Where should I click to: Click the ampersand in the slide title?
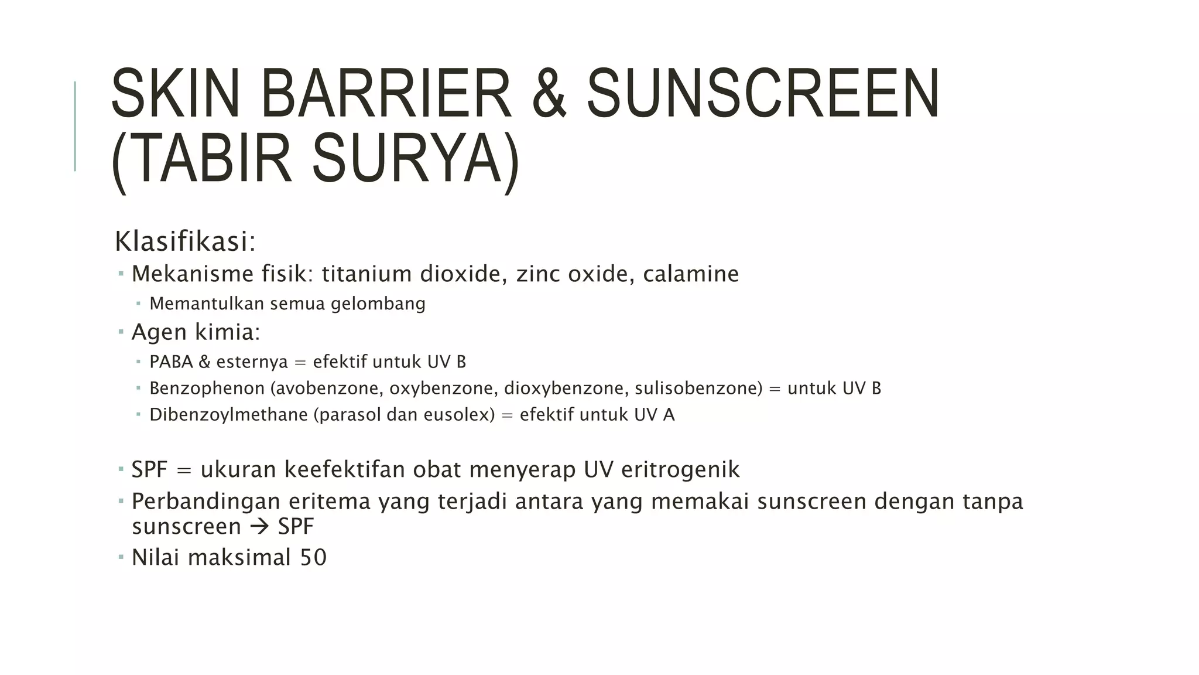549,94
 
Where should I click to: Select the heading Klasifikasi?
185,241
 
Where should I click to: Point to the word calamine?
691,274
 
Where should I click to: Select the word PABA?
171,362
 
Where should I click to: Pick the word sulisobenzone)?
699,388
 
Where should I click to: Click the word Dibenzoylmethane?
228,414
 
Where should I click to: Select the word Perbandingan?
205,502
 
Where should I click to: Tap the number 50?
313,557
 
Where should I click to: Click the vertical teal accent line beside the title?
75,126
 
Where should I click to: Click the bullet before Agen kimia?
121,332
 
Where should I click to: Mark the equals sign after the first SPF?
184,470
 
